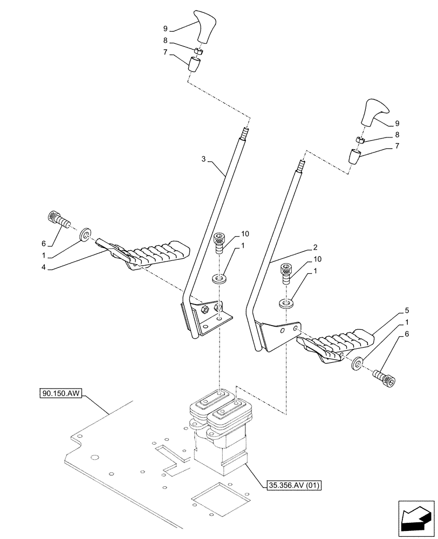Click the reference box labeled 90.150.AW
60,394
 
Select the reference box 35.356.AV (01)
294,485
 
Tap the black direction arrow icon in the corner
416,521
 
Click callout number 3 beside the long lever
204,159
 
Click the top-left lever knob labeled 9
207,25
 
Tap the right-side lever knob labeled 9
374,112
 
